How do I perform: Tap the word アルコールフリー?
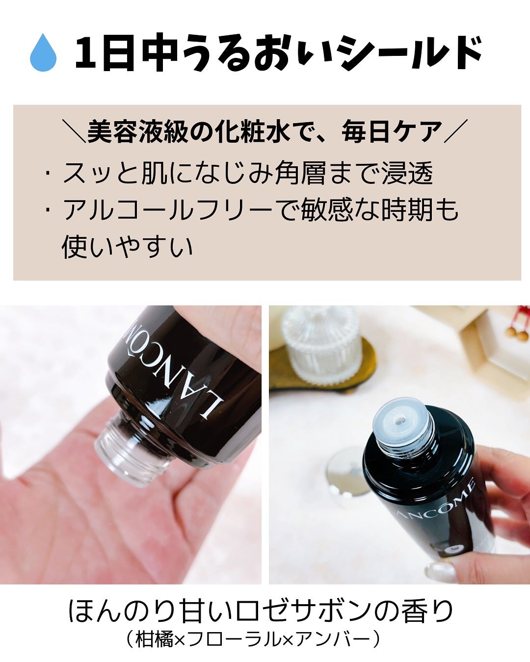click(x=167, y=210)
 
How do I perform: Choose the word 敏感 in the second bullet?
click(x=327, y=210)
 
